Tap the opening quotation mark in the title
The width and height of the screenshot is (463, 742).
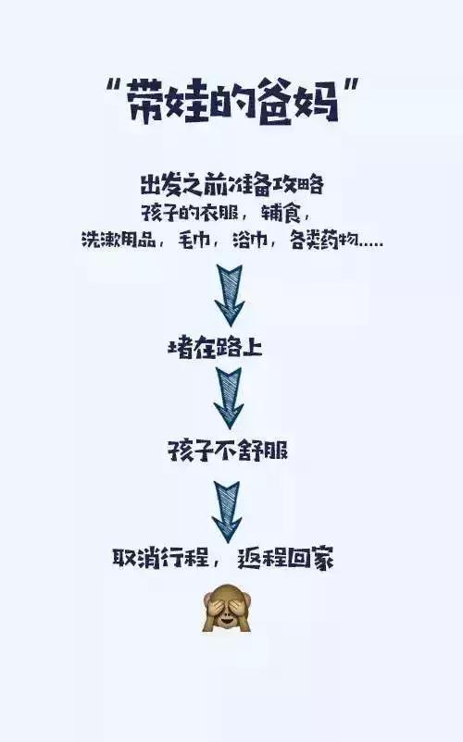point(112,87)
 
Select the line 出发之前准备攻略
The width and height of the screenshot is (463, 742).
point(231,184)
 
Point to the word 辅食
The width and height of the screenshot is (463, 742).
point(281,214)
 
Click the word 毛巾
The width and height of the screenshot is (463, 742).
point(194,240)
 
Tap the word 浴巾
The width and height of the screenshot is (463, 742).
point(250,240)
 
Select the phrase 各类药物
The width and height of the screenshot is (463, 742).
point(324,240)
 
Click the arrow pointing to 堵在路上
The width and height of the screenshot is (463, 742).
point(230,295)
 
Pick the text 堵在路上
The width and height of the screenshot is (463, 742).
point(215,348)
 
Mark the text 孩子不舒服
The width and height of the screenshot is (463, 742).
point(228,450)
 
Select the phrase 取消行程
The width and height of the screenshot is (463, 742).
point(160,559)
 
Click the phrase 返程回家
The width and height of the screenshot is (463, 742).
point(285,559)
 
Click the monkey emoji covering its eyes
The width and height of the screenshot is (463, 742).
point(227,608)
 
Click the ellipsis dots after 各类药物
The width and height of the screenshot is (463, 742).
point(371,245)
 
